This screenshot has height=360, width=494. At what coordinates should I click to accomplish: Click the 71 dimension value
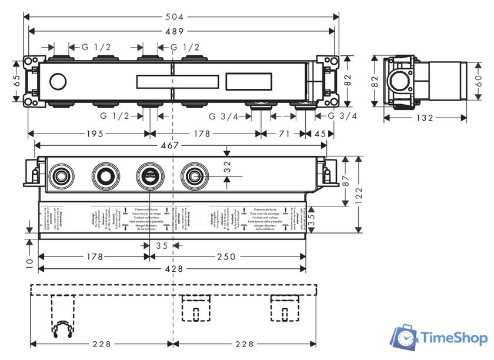284,134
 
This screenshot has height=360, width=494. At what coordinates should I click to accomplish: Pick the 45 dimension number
320,134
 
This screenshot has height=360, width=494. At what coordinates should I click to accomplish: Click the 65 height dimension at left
16,81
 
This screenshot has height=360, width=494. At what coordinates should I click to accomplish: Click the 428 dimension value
173,269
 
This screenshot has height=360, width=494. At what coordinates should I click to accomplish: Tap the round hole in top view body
59,81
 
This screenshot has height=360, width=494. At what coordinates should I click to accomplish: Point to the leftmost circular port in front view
59,175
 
